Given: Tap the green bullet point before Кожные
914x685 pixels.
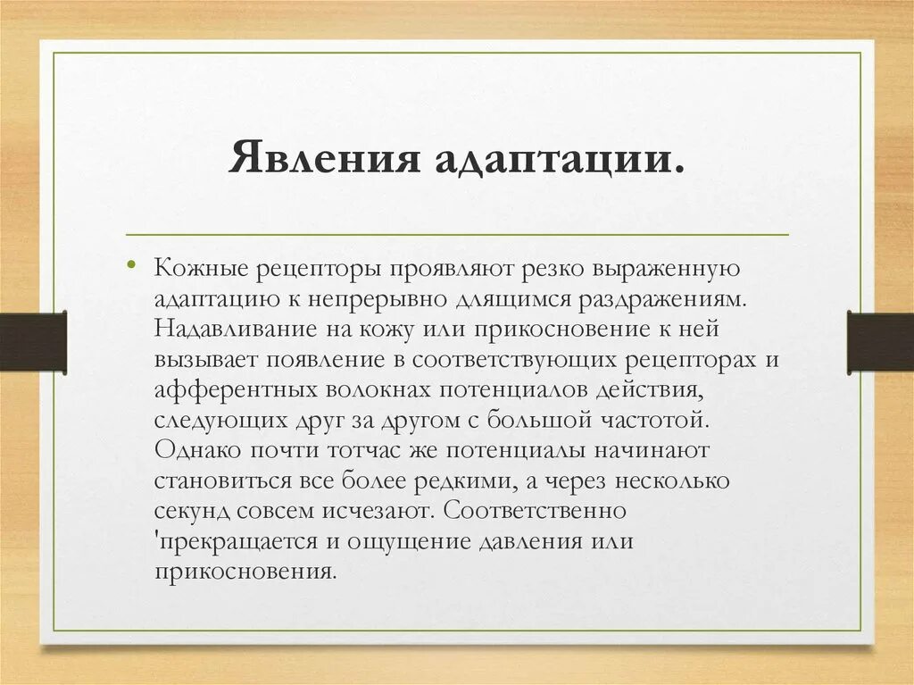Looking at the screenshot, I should point(131,265).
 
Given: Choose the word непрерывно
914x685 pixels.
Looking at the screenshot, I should point(349,298).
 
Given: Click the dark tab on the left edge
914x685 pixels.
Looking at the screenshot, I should point(33,341).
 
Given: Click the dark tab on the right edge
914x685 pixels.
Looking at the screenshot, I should point(880,341).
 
